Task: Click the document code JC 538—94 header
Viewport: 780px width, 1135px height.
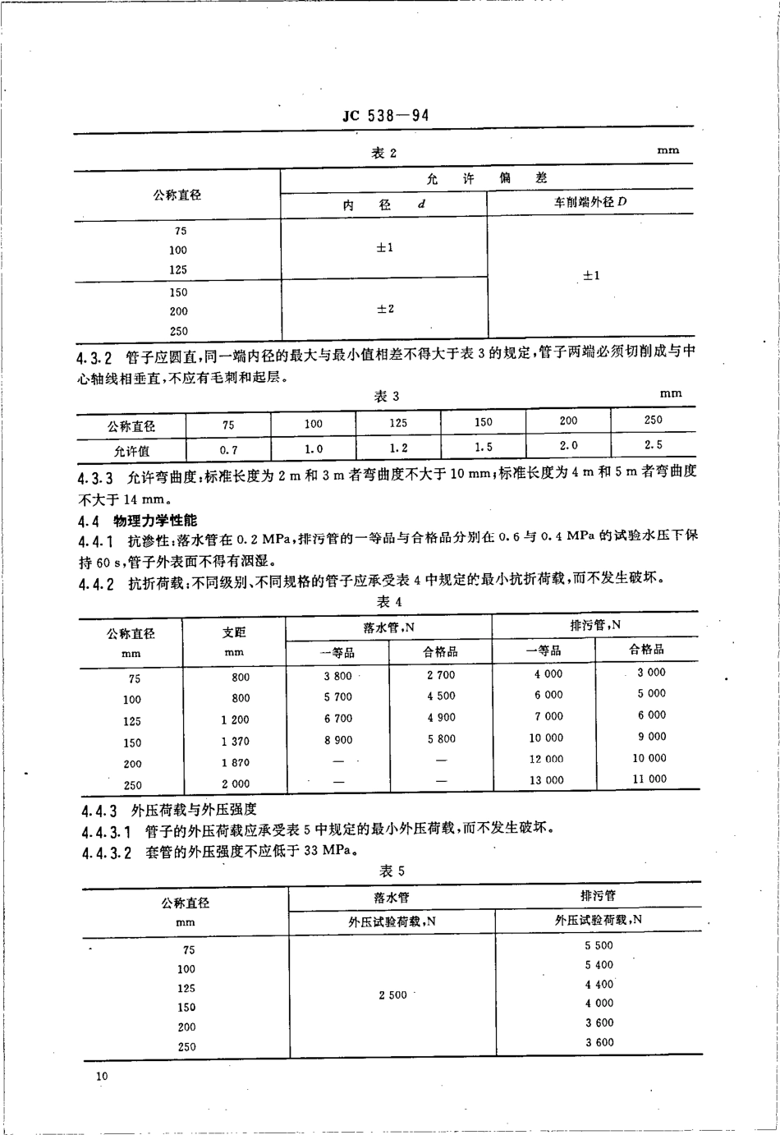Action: tap(385, 116)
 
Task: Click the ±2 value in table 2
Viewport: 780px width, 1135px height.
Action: tap(385, 309)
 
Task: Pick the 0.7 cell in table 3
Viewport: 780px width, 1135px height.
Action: tap(228, 450)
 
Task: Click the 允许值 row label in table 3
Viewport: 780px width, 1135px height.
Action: tap(131, 451)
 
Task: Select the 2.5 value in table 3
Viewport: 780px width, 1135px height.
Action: tap(654, 445)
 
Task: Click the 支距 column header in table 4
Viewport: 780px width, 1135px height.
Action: tap(234, 633)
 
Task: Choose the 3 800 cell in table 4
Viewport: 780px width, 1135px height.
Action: tap(337, 676)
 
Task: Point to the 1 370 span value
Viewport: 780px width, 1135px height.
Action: tap(235, 742)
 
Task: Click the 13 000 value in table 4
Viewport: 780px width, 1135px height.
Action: tap(546, 780)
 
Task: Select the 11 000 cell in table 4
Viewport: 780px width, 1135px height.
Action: tap(649, 779)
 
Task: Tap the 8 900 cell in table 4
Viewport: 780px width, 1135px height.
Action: tap(337, 740)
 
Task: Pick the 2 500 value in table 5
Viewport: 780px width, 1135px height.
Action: tap(392, 995)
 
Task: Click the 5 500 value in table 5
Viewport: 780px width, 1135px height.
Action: tap(599, 945)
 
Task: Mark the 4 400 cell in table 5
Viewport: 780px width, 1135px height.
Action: tap(599, 984)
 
